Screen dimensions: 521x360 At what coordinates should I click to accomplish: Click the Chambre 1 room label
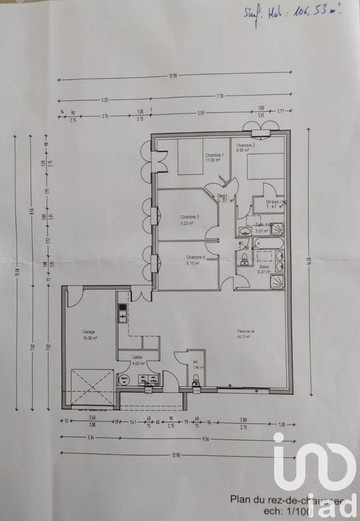point(214,155)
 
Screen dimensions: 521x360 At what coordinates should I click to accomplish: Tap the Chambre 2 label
point(245,146)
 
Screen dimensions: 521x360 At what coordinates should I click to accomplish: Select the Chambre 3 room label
point(189,217)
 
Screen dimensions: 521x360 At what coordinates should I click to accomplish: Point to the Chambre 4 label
point(195,257)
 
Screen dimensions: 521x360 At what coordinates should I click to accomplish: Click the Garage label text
point(89,331)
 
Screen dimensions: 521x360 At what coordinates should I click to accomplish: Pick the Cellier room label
point(137,357)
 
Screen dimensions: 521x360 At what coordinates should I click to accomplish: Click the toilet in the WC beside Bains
point(243,259)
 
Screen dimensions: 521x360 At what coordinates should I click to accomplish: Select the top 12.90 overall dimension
point(173,76)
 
